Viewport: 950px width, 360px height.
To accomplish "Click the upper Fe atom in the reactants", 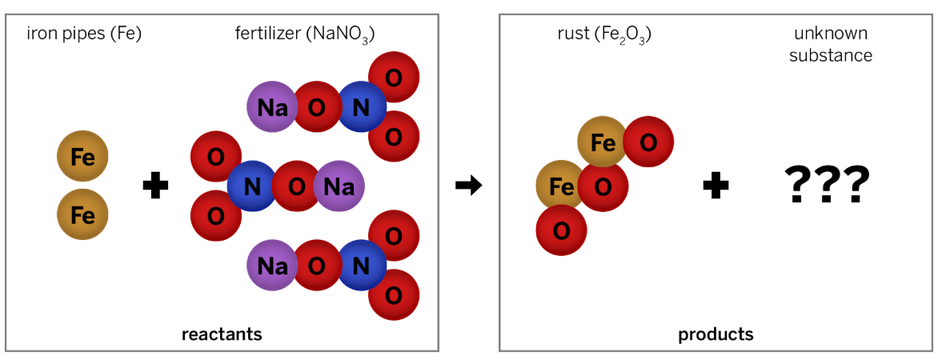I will (82, 157).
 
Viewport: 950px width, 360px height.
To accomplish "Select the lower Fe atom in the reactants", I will (82, 214).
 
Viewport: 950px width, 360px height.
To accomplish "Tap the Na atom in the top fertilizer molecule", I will (272, 106).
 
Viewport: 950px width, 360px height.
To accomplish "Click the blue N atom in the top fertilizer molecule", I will (361, 106).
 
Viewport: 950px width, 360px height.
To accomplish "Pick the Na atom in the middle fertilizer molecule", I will (339, 187).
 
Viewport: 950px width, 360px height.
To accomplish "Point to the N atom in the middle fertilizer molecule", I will (252, 187).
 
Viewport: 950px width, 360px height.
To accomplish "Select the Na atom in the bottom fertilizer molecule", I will (272, 265).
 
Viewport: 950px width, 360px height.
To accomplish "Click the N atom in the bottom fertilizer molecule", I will (361, 265).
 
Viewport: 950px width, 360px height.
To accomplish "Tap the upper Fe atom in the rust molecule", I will (602, 142).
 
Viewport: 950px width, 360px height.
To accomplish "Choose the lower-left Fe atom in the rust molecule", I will (560, 186).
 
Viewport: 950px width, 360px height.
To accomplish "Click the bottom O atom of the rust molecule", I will (561, 230).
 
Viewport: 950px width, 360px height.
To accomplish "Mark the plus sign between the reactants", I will (155, 187).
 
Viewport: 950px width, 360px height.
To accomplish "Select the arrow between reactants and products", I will (468, 187).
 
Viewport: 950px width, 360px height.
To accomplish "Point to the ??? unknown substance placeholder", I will (827, 186).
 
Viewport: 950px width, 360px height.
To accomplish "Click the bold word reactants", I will (222, 334).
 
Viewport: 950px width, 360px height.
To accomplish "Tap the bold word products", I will (716, 334).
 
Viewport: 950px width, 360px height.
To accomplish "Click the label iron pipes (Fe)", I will (84, 34).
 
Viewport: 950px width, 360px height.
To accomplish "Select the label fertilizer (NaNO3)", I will (305, 34).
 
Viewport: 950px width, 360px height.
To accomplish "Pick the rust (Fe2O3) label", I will (603, 34).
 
